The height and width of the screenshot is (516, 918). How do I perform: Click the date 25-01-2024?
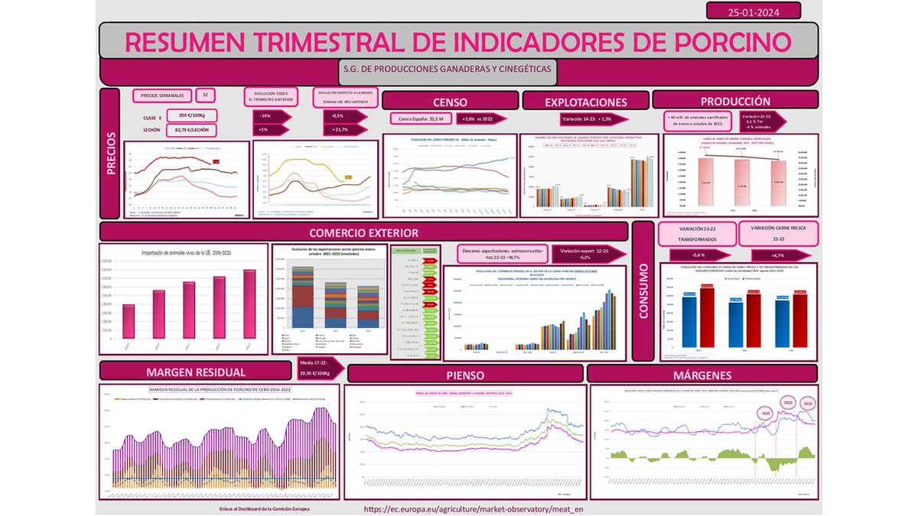[x=754, y=11]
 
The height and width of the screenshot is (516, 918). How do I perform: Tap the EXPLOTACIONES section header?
[x=585, y=102]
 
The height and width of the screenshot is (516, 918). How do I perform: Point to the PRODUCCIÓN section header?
[x=735, y=101]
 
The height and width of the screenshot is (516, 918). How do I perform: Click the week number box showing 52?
[x=205, y=96]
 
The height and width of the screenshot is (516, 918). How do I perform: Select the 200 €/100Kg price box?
[x=192, y=115]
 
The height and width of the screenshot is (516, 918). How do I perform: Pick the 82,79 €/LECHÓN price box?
[x=192, y=130]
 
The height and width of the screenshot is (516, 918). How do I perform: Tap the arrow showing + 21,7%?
[x=340, y=130]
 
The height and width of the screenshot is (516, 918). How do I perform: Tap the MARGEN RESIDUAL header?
[x=196, y=372]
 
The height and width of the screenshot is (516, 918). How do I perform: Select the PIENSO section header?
[x=465, y=375]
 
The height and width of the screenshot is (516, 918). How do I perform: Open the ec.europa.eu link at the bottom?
[x=467, y=508]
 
